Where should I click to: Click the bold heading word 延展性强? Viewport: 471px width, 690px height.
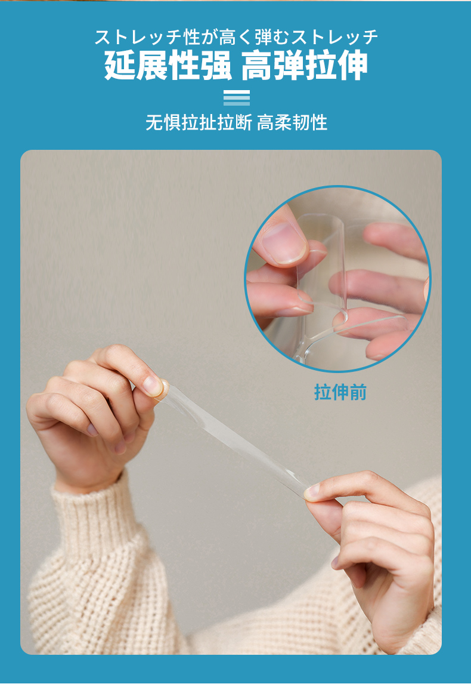pyautogui.click(x=168, y=66)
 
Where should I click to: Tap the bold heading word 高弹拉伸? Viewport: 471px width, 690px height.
pyautogui.click(x=305, y=66)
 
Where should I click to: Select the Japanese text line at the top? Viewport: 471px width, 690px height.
pyautogui.click(x=236, y=37)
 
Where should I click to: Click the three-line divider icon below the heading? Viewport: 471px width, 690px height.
pyautogui.click(x=236, y=98)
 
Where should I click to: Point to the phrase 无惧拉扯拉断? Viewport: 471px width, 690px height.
pyautogui.click(x=199, y=122)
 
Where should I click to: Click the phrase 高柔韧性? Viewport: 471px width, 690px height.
pyautogui.click(x=292, y=122)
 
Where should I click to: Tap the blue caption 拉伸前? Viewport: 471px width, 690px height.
pyautogui.click(x=340, y=392)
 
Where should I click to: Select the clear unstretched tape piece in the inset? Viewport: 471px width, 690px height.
pyautogui.click(x=323, y=273)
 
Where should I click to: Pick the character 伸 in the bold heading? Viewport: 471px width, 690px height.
pyautogui.click(x=352, y=66)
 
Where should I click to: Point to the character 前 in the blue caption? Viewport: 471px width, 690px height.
pyautogui.click(x=358, y=392)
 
